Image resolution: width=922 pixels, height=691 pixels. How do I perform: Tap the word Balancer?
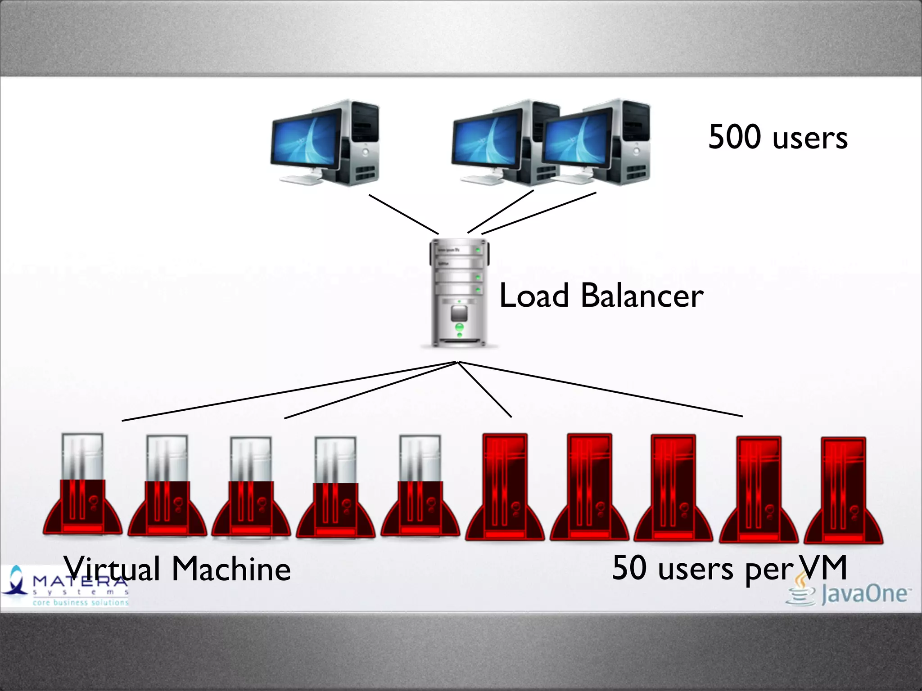coord(642,296)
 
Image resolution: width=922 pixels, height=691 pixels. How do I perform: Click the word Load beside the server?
coord(534,296)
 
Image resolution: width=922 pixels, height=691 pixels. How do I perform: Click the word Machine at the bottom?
coord(231,570)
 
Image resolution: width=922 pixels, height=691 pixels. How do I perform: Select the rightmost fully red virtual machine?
coord(843,490)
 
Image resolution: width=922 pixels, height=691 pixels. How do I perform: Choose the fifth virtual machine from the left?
coord(420,486)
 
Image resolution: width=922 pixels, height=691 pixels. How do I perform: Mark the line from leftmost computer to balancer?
coord(403,214)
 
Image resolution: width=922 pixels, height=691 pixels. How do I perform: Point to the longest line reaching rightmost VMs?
coord(599,389)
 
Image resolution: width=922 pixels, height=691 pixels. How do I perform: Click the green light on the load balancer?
coord(459,327)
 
